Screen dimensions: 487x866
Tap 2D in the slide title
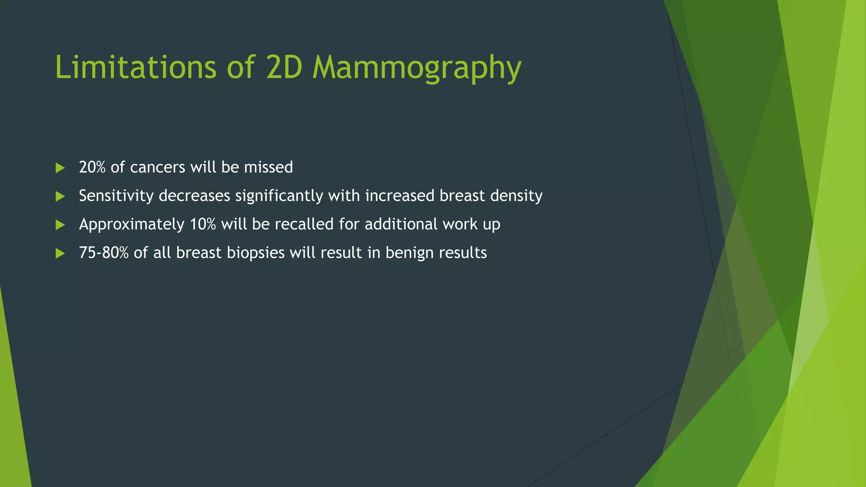(x=283, y=67)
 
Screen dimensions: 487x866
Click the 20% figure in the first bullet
(x=92, y=167)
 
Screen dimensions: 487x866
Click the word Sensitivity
(x=116, y=196)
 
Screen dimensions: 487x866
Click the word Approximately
(x=132, y=224)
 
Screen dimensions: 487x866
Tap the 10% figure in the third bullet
(x=203, y=224)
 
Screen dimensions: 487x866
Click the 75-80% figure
(x=104, y=253)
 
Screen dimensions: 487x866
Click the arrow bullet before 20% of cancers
(x=60, y=168)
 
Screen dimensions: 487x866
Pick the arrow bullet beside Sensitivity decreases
(x=60, y=196)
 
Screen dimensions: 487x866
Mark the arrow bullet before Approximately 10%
(x=60, y=224)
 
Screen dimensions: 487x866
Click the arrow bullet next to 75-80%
(x=60, y=253)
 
